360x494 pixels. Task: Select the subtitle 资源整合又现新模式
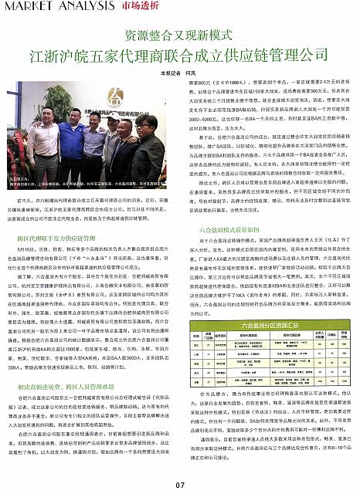pyautogui.click(x=180, y=35)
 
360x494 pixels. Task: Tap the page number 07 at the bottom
pyautogui.click(x=179, y=485)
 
